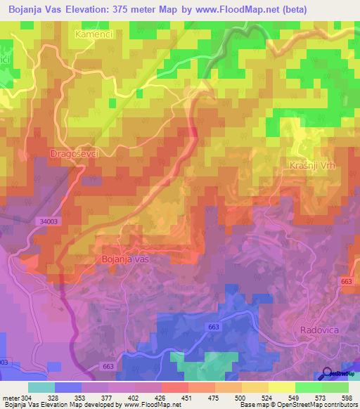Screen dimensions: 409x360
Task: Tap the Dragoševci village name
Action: pos(73,152)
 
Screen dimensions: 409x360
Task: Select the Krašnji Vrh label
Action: pos(310,165)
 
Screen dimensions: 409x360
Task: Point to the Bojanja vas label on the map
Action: pos(136,259)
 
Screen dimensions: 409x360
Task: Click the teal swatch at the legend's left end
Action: pos(41,387)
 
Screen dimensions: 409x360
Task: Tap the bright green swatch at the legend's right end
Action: pos(335,387)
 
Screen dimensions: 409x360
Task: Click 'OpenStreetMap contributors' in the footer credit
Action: pos(312,405)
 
